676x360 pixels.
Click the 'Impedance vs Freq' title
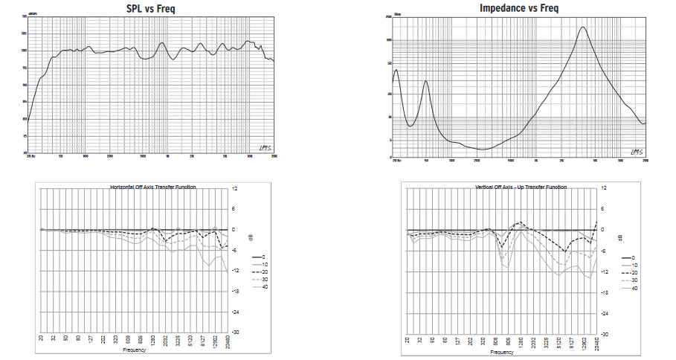pyautogui.click(x=518, y=7)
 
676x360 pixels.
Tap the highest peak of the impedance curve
pyautogui.click(x=582, y=28)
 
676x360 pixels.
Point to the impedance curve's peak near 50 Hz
pyautogui.click(x=425, y=81)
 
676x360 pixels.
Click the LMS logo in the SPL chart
pyautogui.click(x=266, y=149)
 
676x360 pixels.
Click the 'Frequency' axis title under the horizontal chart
pyautogui.click(x=135, y=350)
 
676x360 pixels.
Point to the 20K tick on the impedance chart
pyautogui.click(x=645, y=160)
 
